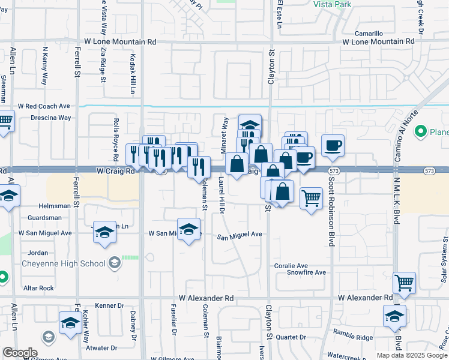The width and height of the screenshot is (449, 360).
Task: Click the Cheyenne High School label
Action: pyautogui.click(x=63, y=263)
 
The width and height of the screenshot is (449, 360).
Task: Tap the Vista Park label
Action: pyautogui.click(x=331, y=4)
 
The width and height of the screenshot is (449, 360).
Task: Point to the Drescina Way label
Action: pyautogui.click(x=50, y=118)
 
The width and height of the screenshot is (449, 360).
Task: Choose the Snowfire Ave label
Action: pyautogui.click(x=306, y=272)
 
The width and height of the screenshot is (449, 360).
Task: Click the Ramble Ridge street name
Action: pyautogui.click(x=353, y=338)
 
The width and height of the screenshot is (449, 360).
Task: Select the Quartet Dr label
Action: pyautogui.click(x=291, y=337)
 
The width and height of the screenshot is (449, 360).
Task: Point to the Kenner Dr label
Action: pyautogui.click(x=109, y=305)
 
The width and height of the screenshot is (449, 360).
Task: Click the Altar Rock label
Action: pyautogui.click(x=38, y=288)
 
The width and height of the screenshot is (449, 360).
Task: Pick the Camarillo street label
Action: pyautogui.click(x=369, y=34)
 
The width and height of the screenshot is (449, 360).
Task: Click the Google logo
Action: pyautogui.click(x=20, y=353)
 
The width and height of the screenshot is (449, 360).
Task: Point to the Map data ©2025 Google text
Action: pyautogui.click(x=412, y=355)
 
